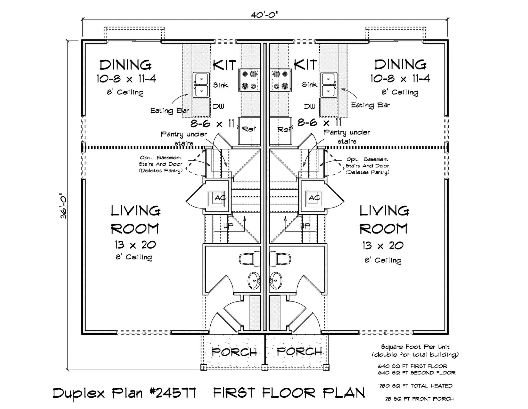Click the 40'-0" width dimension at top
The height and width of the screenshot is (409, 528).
tap(265, 15)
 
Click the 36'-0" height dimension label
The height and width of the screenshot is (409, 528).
tap(63, 205)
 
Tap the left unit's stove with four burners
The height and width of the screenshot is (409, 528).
tap(249, 80)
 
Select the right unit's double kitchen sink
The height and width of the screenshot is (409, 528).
tap(328, 85)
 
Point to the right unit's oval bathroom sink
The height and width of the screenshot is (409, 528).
tap(275, 280)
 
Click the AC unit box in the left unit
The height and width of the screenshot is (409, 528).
tap(216, 199)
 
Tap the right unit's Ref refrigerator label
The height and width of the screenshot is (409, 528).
tap(284, 129)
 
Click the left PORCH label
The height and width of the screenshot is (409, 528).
tap(234, 352)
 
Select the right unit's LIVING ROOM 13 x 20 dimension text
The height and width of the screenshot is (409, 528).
tap(383, 246)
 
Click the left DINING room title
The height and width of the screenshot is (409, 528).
tap(126, 65)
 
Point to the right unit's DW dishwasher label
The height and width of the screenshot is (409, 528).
tap(309, 106)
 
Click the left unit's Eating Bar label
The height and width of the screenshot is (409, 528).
tap(169, 111)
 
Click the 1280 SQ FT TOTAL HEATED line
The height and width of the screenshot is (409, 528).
tap(415, 386)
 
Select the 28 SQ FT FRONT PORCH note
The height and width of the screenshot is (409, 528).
tap(419, 399)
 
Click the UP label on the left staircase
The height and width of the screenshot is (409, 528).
tap(228, 226)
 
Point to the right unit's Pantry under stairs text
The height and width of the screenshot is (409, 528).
tap(347, 136)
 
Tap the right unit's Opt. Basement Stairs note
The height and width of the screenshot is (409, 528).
tap(367, 166)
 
